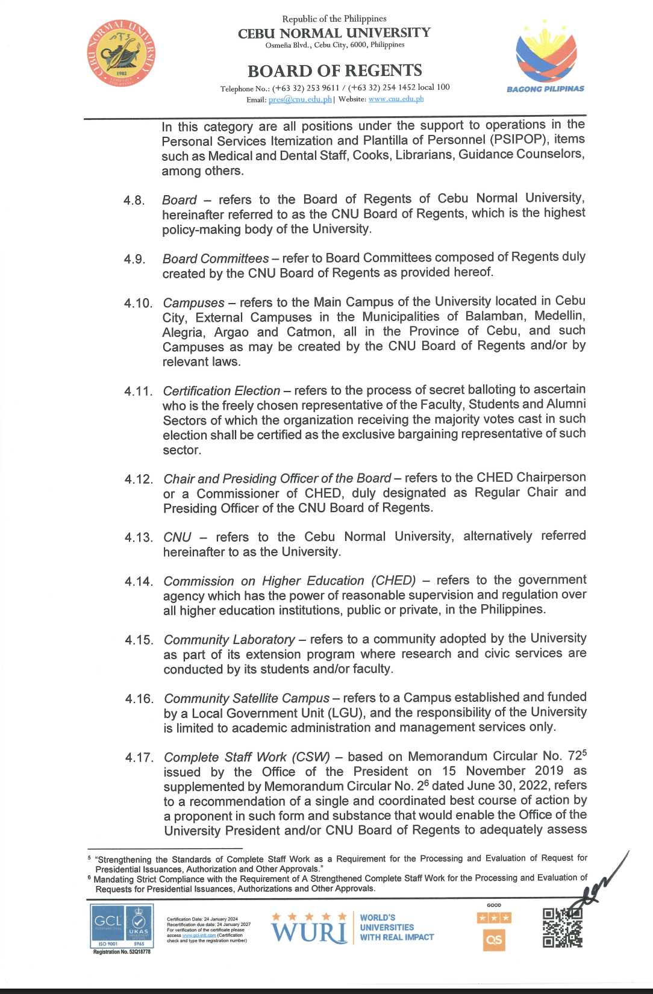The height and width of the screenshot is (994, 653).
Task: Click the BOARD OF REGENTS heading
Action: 334,71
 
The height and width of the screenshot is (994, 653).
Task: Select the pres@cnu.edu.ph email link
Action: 300,99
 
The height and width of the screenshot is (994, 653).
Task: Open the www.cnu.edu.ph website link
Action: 396,99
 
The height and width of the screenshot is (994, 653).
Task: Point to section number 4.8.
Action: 134,201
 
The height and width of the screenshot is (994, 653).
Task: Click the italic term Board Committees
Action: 216,258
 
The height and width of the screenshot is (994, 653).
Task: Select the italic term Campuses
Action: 193,302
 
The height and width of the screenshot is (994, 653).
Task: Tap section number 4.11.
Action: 138,392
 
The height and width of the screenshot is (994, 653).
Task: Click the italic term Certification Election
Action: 221,391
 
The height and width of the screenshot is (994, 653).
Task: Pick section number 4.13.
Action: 138,537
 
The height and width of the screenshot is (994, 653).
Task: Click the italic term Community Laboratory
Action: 229,639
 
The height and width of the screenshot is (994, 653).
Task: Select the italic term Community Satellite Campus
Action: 246,698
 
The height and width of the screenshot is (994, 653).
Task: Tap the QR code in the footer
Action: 562,928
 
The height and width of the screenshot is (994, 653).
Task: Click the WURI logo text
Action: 309,933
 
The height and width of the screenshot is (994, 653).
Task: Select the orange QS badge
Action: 494,940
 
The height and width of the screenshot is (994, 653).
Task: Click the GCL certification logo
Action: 122,926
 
